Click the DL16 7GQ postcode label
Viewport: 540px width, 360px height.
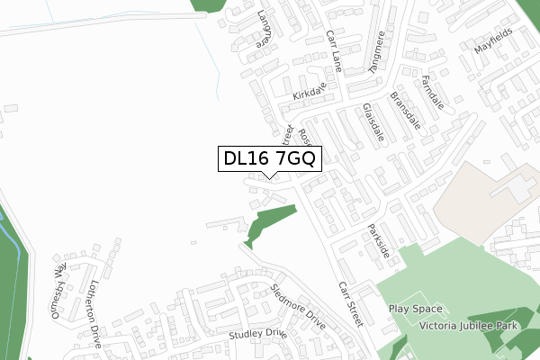point(269,159)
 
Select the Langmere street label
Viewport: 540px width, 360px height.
point(263,29)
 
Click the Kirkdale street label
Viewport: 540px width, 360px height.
point(307,94)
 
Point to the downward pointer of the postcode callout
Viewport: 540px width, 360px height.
point(269,176)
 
